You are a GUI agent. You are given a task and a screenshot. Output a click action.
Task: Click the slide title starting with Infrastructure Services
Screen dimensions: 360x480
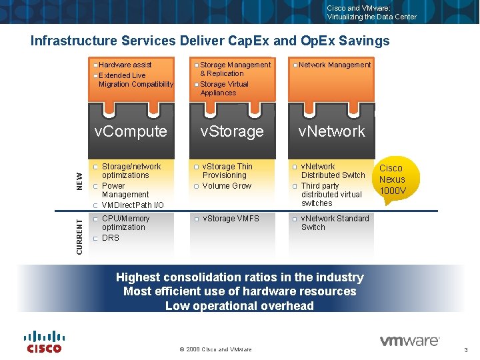pyautogui.click(x=210, y=41)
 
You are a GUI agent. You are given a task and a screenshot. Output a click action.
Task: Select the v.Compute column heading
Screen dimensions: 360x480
pyautogui.click(x=131, y=131)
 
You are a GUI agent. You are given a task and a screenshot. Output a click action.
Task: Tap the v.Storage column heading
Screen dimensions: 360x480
pyautogui.click(x=232, y=131)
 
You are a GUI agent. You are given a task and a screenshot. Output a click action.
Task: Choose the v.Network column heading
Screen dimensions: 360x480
pyautogui.click(x=331, y=131)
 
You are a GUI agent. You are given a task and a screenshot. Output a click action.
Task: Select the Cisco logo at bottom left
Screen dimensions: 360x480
pyautogui.click(x=44, y=341)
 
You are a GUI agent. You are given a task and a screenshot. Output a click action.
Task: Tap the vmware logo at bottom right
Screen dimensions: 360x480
pyautogui.click(x=409, y=341)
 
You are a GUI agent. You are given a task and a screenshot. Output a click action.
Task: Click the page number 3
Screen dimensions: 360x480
pyautogui.click(x=465, y=350)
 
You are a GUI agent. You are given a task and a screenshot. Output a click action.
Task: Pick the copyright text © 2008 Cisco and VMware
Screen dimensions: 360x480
pyautogui.click(x=216, y=349)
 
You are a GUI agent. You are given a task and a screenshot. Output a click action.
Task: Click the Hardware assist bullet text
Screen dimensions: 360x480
pyautogui.click(x=125, y=65)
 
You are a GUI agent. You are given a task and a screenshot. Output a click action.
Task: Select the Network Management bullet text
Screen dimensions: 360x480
pyautogui.click(x=334, y=65)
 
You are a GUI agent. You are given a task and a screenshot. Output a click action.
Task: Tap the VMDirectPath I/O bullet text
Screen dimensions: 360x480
pyautogui.click(x=132, y=205)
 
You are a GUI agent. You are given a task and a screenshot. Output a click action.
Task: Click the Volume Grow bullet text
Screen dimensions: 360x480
pyautogui.click(x=227, y=186)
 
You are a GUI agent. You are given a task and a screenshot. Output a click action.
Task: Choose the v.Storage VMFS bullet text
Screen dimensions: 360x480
pyautogui.click(x=231, y=219)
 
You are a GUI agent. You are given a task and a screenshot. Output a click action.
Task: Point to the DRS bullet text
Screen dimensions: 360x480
pyautogui.click(x=111, y=238)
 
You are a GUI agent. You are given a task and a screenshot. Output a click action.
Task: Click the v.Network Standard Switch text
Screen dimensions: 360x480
pyautogui.click(x=334, y=223)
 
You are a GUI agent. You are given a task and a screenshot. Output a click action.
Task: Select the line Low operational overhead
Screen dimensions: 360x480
pyautogui.click(x=239, y=306)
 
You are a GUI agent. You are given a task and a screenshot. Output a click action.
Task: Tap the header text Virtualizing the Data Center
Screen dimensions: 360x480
pyautogui.click(x=371, y=17)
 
